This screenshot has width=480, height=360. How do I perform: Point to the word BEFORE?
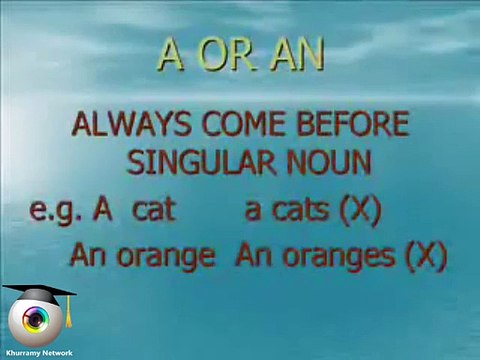pos(346,127)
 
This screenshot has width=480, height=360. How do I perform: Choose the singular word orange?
pos(166,255)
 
